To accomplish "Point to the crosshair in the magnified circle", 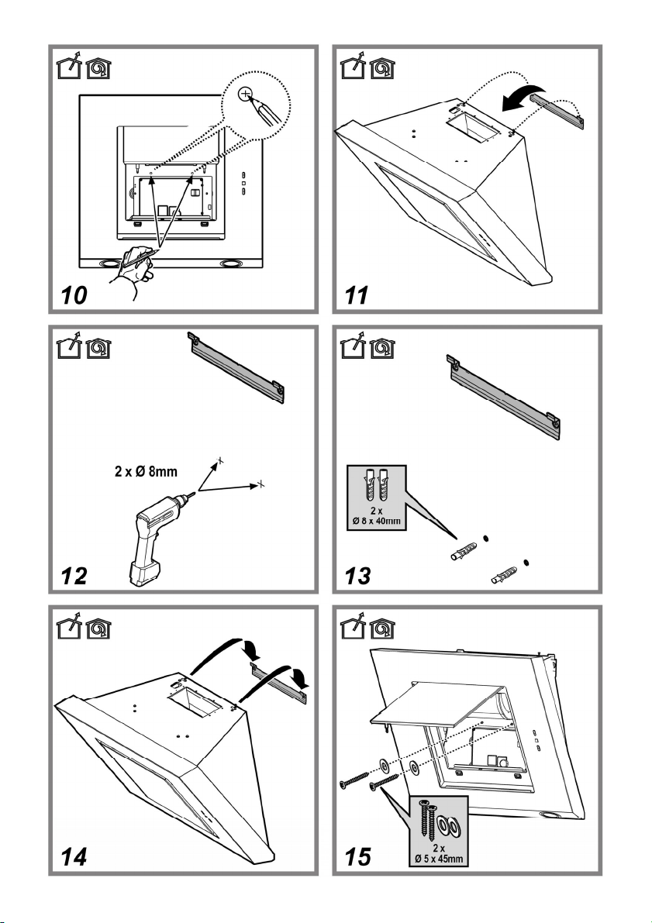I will coord(246,95).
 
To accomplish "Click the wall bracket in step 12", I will coord(237,368).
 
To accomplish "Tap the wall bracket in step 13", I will coord(504,389).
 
